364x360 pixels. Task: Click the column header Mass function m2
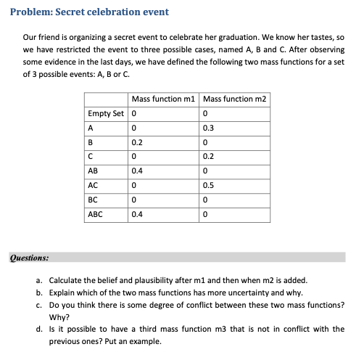[x=235, y=99]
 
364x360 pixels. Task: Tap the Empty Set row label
[x=106, y=113]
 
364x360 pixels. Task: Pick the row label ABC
[x=95, y=214]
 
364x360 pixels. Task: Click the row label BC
[x=93, y=200]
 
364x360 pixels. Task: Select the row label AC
[x=93, y=185]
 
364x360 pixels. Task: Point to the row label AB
[x=93, y=171]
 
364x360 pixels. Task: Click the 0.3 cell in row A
[x=210, y=128]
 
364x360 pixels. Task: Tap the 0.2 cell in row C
[x=210, y=157]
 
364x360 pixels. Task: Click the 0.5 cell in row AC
[x=210, y=185]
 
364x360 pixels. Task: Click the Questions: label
[x=29, y=256]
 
